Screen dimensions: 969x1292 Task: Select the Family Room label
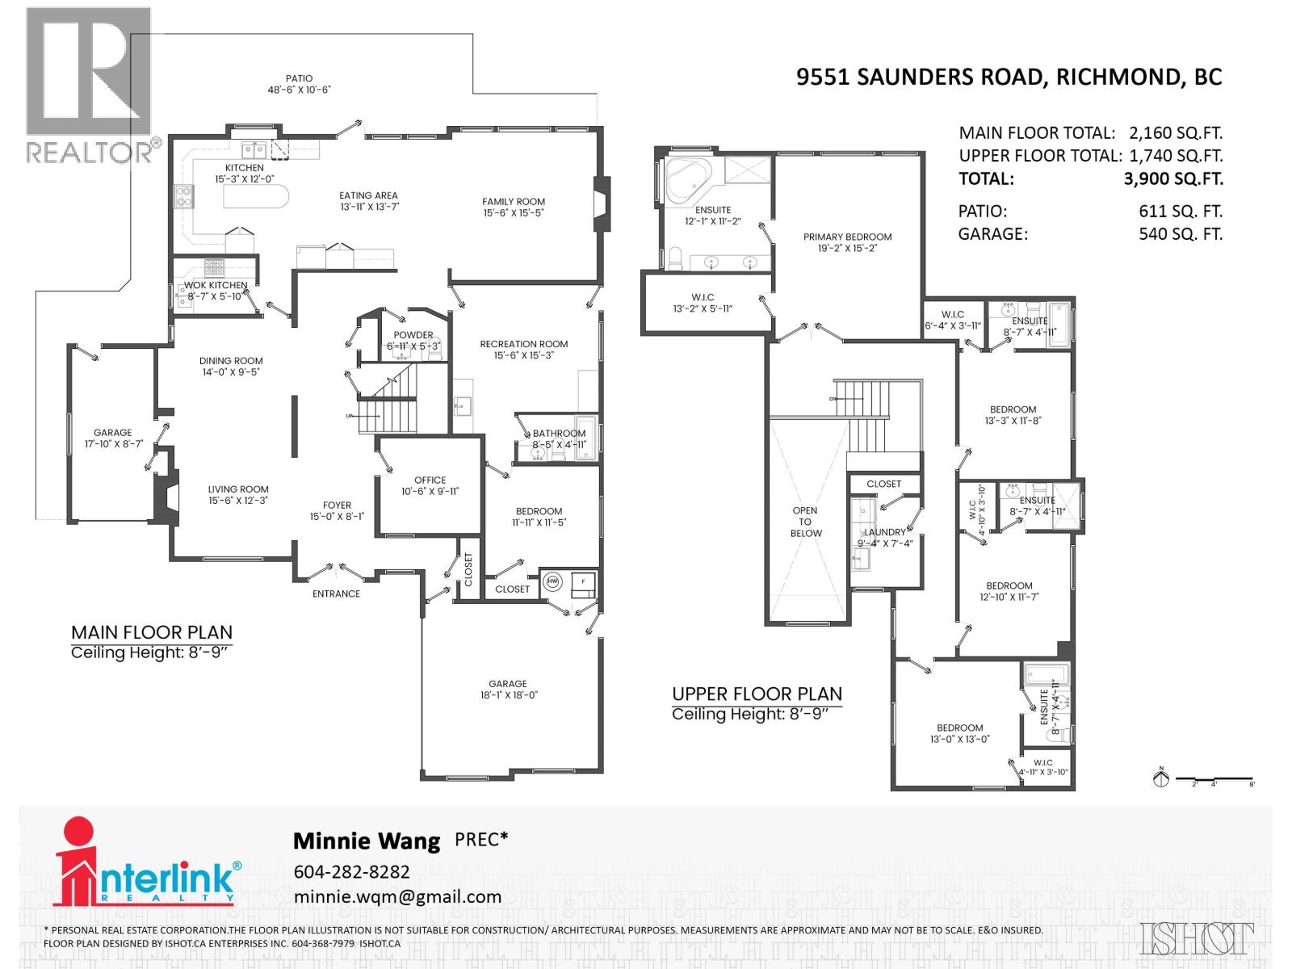tap(514, 202)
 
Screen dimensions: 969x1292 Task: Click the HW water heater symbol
tap(553, 581)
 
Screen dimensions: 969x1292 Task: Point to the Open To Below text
tap(805, 522)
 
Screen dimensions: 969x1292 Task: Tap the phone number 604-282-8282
tap(351, 872)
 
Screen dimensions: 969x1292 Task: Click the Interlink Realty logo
tap(145, 864)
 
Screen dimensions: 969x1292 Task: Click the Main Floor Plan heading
tap(152, 632)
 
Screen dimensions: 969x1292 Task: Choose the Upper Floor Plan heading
tap(757, 694)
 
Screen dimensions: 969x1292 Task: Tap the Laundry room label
tap(884, 532)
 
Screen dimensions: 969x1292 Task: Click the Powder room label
tap(413, 335)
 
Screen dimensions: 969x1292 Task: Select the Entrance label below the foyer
tap(336, 594)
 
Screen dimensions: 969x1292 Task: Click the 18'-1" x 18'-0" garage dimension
tap(507, 695)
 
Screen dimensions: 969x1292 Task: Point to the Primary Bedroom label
tap(847, 237)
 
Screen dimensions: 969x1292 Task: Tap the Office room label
tap(430, 480)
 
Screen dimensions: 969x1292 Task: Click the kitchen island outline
tap(254, 196)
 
